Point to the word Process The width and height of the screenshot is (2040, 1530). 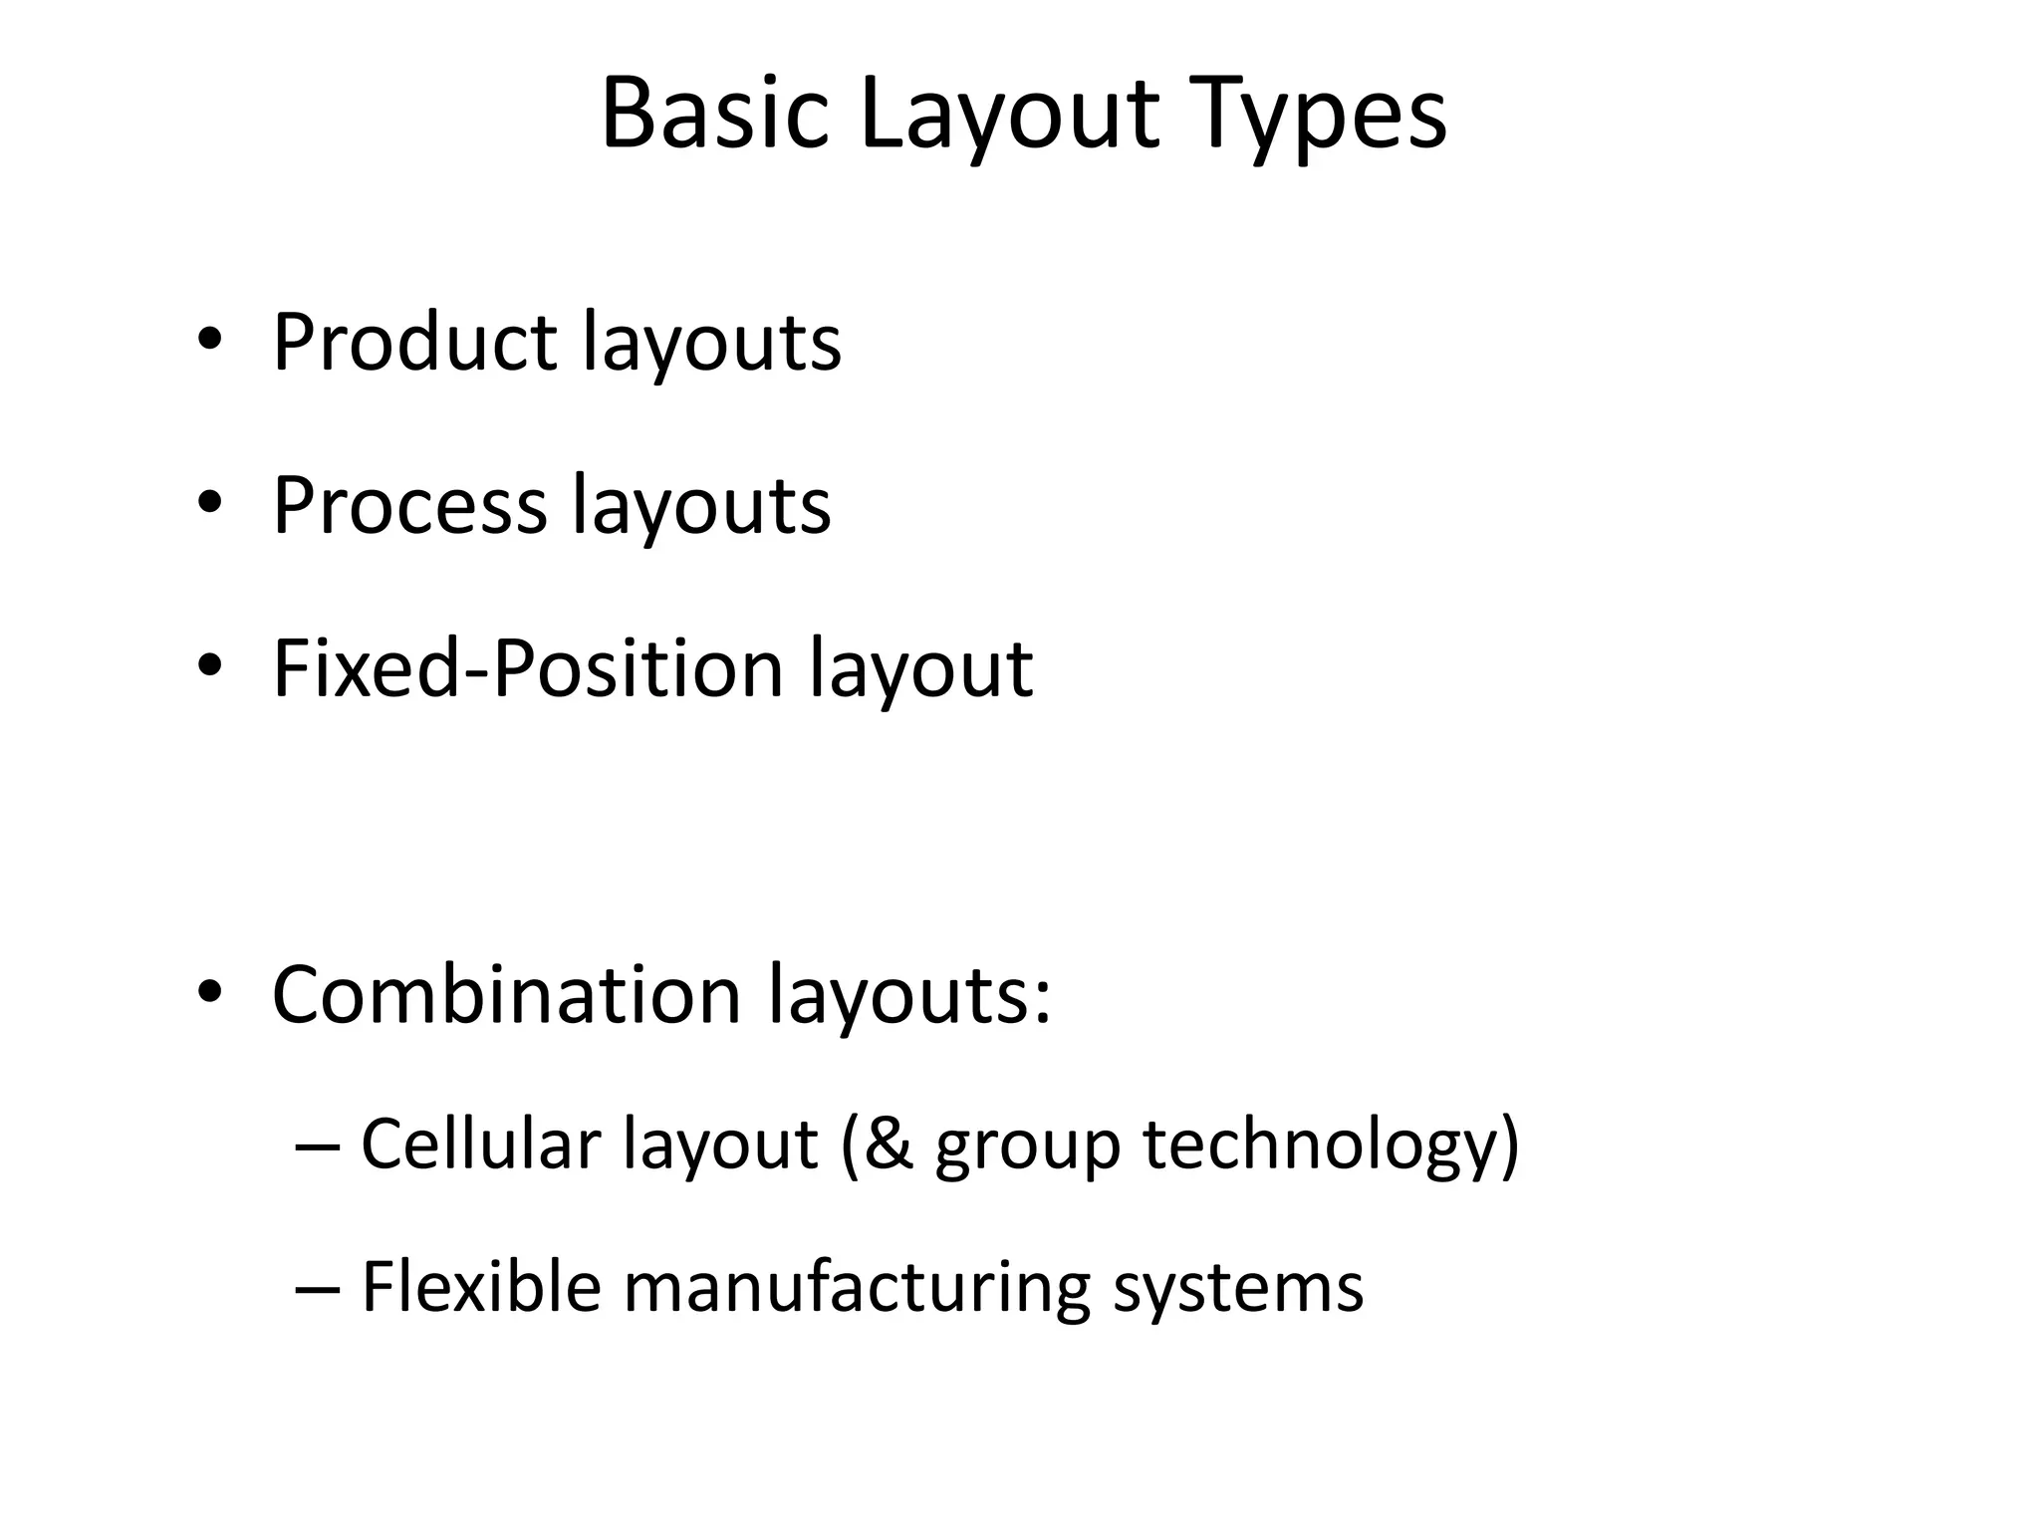click(409, 505)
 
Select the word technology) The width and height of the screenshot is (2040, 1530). click(1331, 1146)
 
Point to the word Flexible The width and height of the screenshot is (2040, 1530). click(480, 1286)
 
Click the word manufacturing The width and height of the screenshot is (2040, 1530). click(856, 1286)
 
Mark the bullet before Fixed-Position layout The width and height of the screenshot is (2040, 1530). click(208, 666)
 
